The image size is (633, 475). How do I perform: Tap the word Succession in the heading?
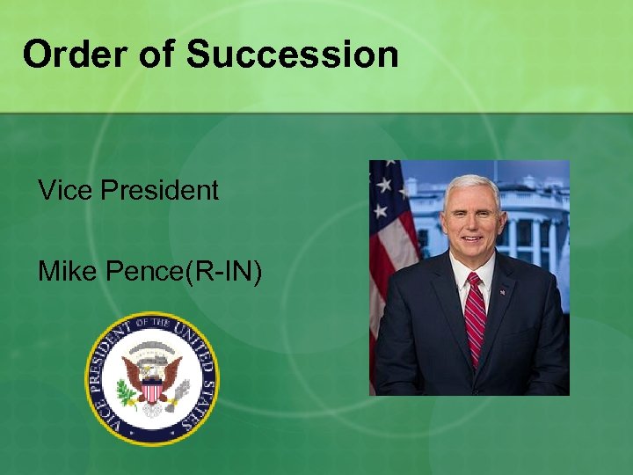293,55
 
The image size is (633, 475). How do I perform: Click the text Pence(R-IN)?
185,273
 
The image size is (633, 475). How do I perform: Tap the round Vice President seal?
151,379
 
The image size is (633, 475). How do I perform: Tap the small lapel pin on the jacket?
503,291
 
